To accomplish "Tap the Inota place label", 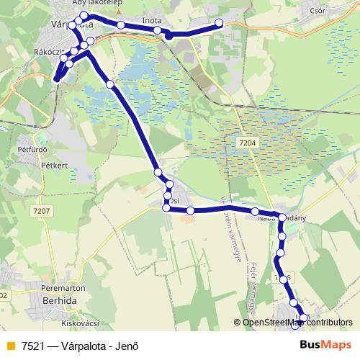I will click(153, 20).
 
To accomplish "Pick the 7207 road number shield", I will click(41, 210).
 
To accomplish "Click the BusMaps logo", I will click(325, 343).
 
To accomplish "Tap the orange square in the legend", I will click(9, 344).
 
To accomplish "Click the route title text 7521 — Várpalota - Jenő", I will click(79, 344).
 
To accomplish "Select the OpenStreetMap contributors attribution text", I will click(297, 323).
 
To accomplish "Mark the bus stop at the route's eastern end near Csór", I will click(220, 24).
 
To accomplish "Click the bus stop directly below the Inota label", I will click(157, 30).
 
